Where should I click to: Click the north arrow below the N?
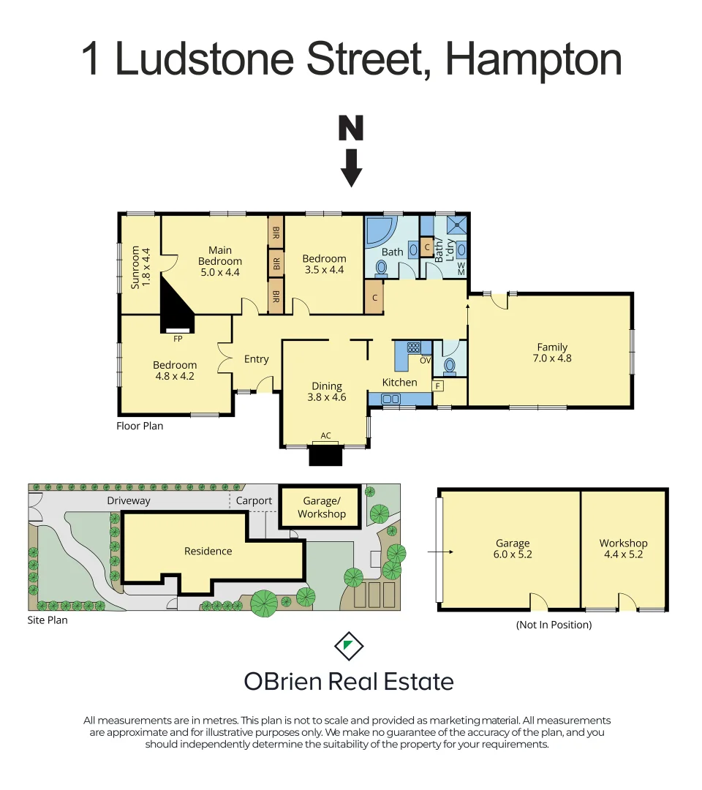(x=352, y=168)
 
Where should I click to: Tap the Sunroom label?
(x=140, y=268)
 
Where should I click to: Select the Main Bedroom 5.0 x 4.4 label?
(x=219, y=261)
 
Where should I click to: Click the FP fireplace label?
(x=178, y=339)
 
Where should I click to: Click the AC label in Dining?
(x=326, y=436)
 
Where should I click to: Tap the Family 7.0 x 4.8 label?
(x=552, y=353)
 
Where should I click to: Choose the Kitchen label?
(x=400, y=383)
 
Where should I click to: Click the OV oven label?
(x=425, y=359)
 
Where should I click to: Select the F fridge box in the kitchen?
(x=438, y=385)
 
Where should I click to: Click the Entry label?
(x=257, y=359)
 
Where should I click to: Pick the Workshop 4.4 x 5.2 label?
(x=623, y=549)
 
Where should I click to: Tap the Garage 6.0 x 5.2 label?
(x=512, y=549)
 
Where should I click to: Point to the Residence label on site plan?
(x=208, y=552)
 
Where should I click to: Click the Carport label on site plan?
(x=254, y=501)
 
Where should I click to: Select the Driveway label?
(x=128, y=501)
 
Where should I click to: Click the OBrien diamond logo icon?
(x=349, y=645)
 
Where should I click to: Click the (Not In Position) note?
(x=554, y=625)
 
